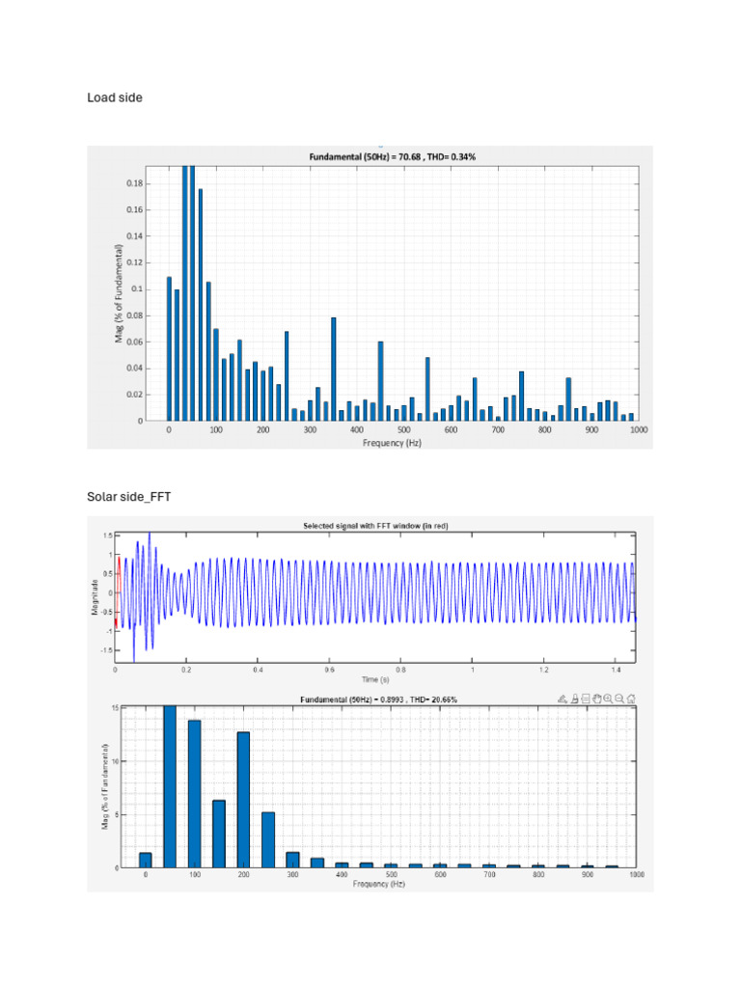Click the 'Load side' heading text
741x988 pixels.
(x=115, y=97)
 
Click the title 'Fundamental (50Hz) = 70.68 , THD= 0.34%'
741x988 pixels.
(x=393, y=156)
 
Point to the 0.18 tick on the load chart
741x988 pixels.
(x=136, y=183)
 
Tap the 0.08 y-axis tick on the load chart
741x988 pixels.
(x=136, y=316)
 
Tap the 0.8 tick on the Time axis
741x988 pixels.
(x=400, y=669)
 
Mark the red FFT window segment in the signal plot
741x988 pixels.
(x=118, y=591)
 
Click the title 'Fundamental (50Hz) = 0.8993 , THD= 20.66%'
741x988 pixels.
(x=378, y=699)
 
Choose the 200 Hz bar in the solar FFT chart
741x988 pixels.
(x=244, y=799)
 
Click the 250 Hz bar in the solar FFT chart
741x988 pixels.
(x=268, y=839)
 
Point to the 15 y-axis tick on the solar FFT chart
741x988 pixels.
(x=115, y=708)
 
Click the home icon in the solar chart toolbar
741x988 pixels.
(x=631, y=699)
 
